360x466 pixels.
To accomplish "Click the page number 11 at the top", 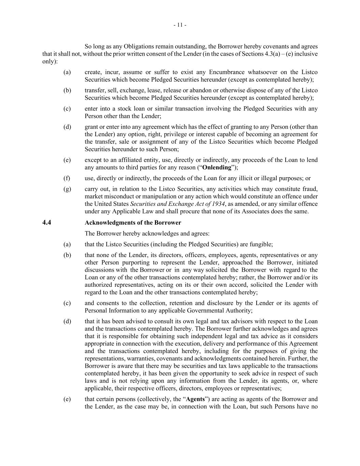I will (x=180, y=25).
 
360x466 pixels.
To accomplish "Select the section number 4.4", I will (x=47, y=223).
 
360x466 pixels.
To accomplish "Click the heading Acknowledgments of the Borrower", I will (x=133, y=223).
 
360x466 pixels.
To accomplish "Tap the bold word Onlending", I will (x=217, y=167).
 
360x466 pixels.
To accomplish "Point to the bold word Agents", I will (x=195, y=399).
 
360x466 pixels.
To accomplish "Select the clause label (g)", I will (x=67, y=189).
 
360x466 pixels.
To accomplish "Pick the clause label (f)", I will (x=67, y=178).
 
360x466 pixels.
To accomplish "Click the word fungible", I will (x=260, y=244).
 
